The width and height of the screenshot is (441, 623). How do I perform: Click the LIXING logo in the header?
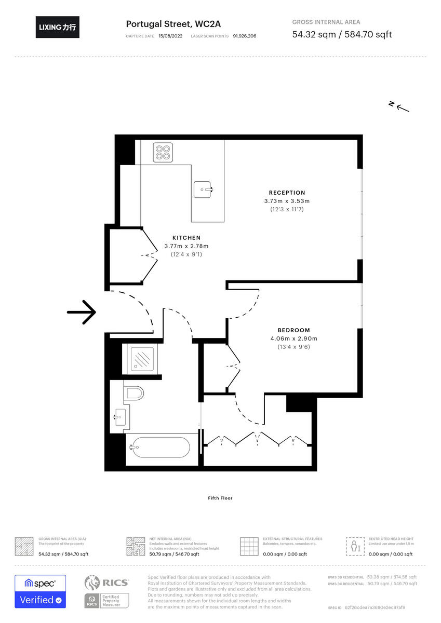[58, 28]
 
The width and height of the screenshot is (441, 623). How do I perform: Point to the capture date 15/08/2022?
[170, 36]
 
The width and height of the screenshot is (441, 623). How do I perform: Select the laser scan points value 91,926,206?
[245, 36]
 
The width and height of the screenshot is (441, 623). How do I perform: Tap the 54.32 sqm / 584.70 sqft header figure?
[342, 35]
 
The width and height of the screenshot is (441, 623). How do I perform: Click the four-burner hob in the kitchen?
[162, 152]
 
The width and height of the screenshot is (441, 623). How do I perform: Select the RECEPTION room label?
[287, 193]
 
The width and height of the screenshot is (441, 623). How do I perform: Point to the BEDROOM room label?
[293, 330]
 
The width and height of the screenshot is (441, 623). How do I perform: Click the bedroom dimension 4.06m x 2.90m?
[293, 338]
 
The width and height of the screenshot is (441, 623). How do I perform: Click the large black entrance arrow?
[82, 312]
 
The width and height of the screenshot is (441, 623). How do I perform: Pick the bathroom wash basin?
[119, 416]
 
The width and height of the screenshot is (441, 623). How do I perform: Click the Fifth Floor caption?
[220, 498]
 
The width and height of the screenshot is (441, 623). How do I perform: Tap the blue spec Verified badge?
[40, 591]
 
